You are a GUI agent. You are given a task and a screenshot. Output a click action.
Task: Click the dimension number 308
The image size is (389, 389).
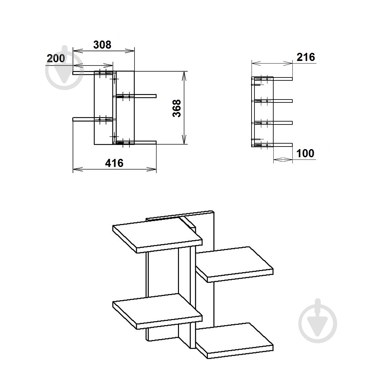pyautogui.click(x=102, y=45)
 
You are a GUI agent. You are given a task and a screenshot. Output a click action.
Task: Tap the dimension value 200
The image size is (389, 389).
pyautogui.click(x=56, y=59)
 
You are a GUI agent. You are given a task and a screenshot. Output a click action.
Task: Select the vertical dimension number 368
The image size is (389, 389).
pyautogui.click(x=177, y=108)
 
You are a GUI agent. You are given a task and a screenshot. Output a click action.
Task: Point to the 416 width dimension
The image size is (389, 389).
pyautogui.click(x=114, y=163)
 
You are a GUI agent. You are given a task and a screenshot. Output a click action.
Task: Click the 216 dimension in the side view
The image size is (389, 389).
pyautogui.click(x=306, y=57)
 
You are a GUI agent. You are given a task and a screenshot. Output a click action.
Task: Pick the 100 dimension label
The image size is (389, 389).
pyautogui.click(x=305, y=153)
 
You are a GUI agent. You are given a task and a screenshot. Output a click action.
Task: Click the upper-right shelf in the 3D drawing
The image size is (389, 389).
pyautogui.click(x=234, y=264)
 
